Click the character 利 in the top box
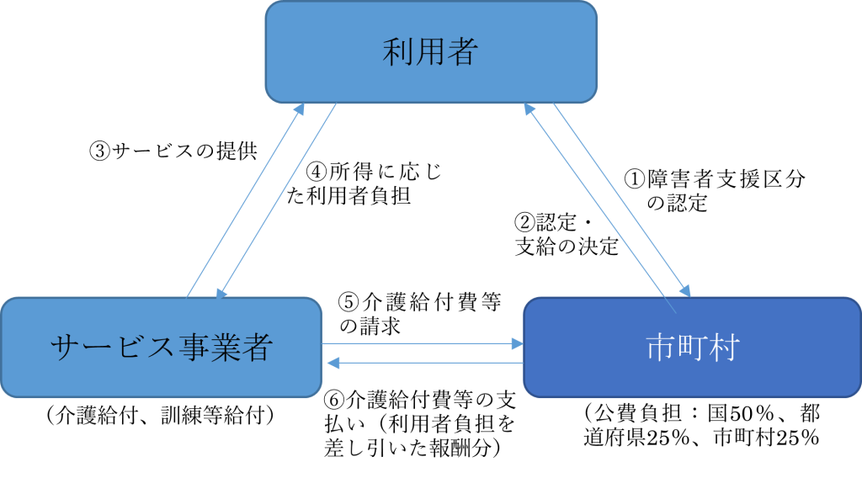(x=396, y=52)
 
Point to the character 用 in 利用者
(x=430, y=52)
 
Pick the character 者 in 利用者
(x=464, y=52)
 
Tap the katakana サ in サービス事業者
(x=65, y=348)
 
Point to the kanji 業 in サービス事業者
(x=226, y=348)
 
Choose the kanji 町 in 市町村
(x=692, y=348)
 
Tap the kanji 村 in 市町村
(x=723, y=348)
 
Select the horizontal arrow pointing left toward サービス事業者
(x=425, y=363)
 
